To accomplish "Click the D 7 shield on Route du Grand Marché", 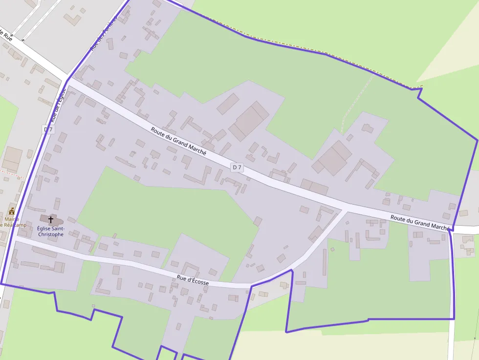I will [237, 168].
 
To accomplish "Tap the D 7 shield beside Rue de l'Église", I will [48, 129].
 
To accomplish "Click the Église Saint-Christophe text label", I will [50, 231].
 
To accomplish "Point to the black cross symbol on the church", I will [51, 220].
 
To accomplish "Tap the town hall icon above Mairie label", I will [12, 212].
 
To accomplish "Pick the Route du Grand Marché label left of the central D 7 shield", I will [178, 141].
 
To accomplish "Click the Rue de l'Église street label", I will [58, 105].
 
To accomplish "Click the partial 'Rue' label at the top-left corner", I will [6, 35].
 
